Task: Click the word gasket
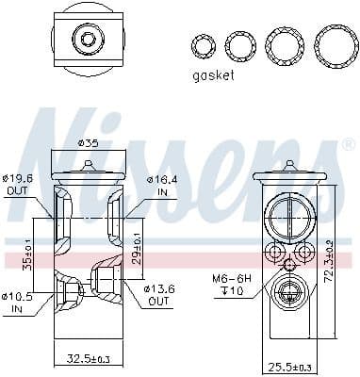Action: pos(212,75)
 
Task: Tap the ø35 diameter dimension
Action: pos(88,144)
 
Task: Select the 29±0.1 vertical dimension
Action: pos(138,243)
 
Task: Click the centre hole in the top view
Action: pos(88,39)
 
